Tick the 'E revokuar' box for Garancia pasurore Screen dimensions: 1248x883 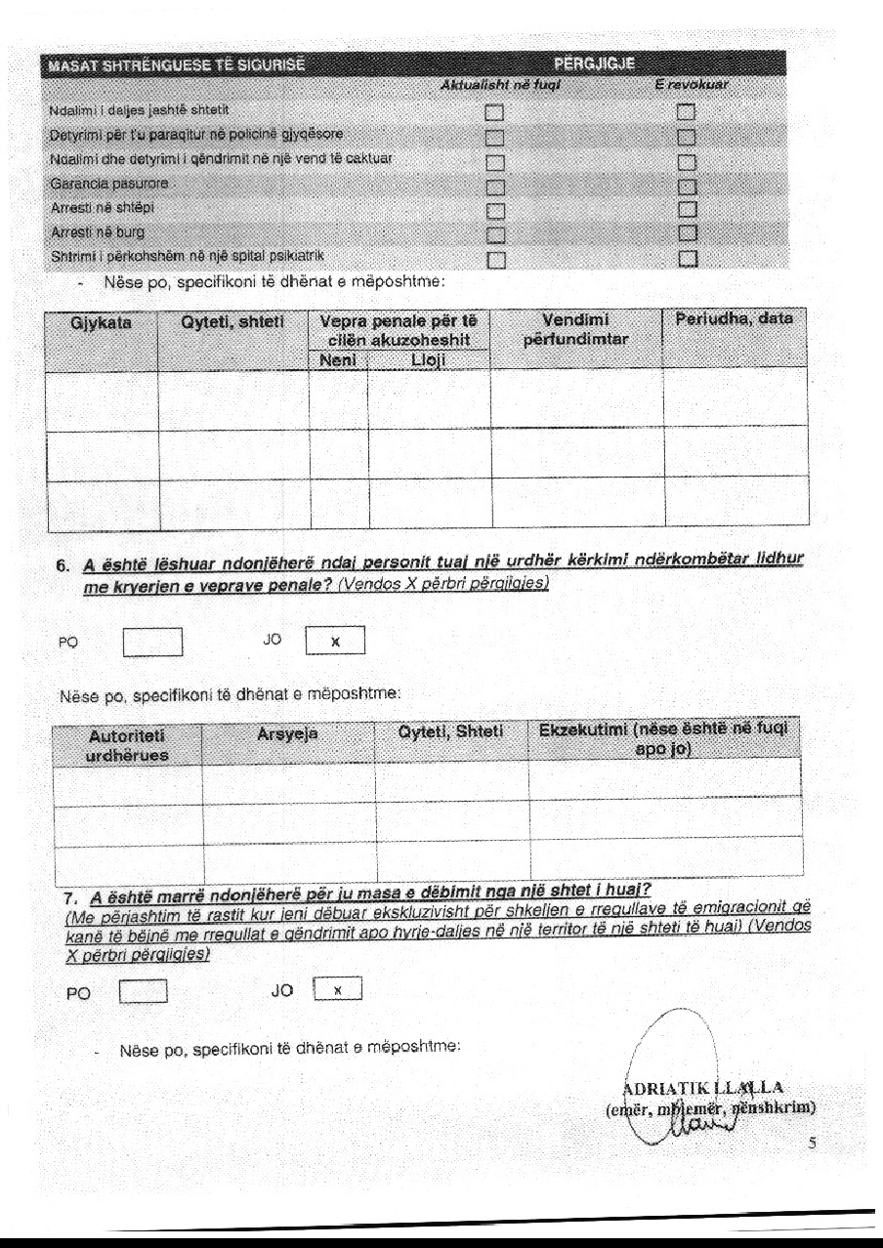687,185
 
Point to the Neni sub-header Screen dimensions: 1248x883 338,358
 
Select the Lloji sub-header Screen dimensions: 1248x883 429,358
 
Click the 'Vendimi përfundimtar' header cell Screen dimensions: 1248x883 576,330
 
